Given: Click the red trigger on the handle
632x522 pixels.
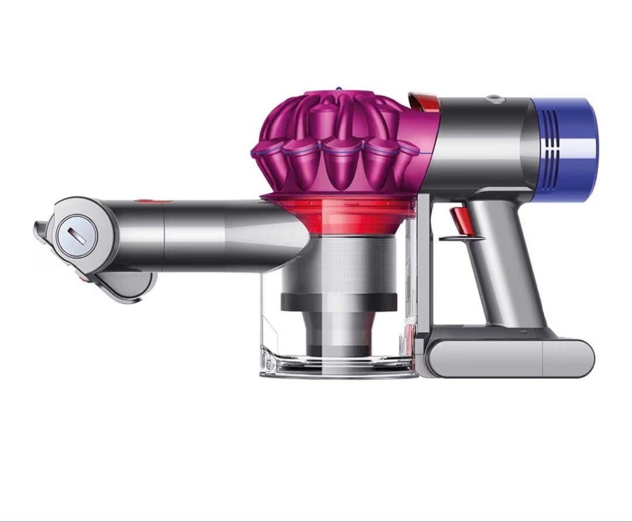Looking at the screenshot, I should [458, 220].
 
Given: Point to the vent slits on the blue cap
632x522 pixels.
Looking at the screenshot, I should [547, 150].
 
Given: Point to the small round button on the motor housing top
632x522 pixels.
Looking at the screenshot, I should [496, 99].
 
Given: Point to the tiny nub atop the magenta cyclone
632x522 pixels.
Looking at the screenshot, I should [338, 89].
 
